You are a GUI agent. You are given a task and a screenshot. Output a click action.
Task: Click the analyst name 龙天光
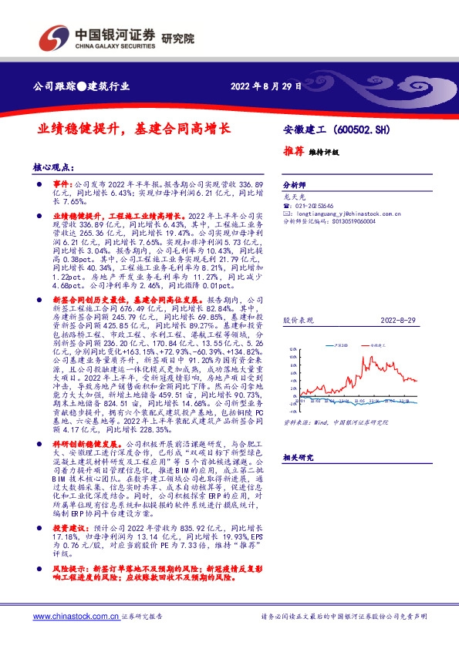pyautogui.click(x=292, y=197)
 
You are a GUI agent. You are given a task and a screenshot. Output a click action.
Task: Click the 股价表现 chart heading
pyautogui.click(x=296, y=318)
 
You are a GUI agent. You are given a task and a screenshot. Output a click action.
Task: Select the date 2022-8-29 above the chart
pyautogui.click(x=402, y=318)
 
